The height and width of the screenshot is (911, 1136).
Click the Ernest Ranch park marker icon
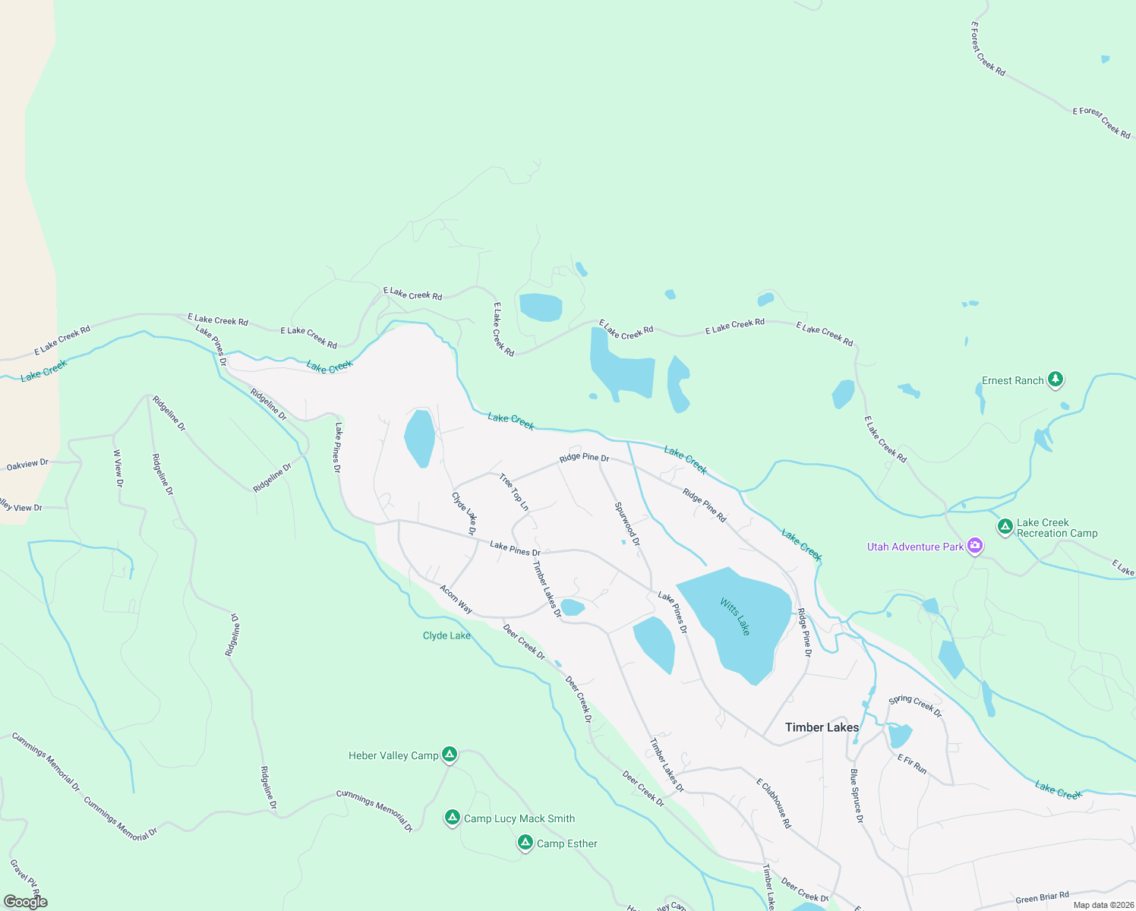[1055, 379]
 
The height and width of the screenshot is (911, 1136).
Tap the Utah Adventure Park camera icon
[976, 546]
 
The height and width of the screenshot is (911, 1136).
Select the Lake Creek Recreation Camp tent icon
[1005, 526]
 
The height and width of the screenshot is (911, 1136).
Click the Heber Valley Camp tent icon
[450, 755]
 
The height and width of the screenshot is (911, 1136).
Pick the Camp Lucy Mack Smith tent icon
[453, 818]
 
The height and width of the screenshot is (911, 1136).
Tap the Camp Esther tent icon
[525, 843]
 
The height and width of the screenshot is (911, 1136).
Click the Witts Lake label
[735, 616]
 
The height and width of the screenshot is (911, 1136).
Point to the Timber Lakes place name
[822, 727]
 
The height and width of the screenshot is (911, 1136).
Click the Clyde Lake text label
[447, 635]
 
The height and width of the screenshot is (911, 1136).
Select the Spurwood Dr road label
[627, 524]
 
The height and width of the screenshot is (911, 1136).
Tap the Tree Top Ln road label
[514, 492]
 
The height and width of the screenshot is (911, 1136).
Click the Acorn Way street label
[456, 599]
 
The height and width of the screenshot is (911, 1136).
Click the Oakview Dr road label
[27, 465]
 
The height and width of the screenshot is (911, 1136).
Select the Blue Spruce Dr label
[856, 796]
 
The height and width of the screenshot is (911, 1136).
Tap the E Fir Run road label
[912, 764]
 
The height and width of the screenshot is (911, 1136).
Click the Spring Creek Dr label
[915, 706]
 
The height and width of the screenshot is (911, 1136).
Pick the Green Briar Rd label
[1042, 898]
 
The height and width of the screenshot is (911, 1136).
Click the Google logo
[25, 902]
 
